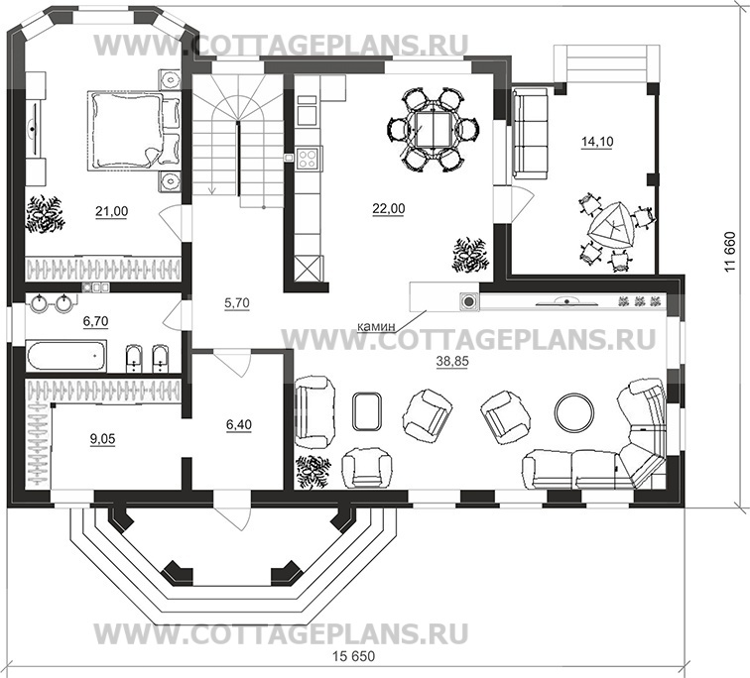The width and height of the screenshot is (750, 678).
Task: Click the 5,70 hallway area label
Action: (236, 304)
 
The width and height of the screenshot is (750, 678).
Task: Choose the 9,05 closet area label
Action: (100, 439)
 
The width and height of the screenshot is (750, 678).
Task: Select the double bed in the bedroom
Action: (128, 131)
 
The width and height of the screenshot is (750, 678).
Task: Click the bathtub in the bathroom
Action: (67, 356)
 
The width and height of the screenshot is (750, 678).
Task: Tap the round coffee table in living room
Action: (573, 411)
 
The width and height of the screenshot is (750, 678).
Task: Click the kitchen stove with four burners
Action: (307, 156)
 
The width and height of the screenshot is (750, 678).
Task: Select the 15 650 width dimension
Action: (355, 658)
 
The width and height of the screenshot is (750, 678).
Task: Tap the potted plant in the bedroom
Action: (45, 215)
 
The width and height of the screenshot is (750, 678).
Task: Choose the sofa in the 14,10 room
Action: (530, 133)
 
